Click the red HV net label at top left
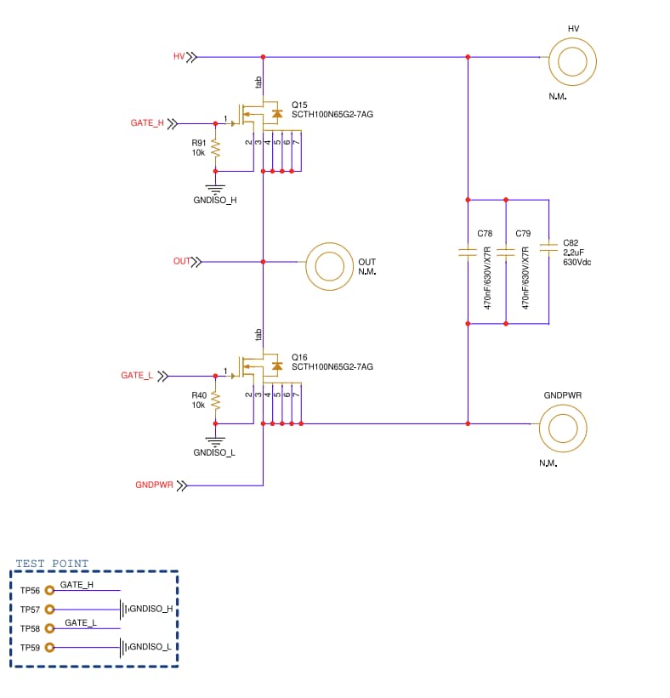tap(179, 57)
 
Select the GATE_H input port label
tap(147, 123)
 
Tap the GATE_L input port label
tap(136, 375)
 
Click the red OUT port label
tap(182, 261)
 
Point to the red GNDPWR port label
tap(154, 485)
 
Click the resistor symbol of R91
tap(215, 149)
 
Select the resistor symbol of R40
tap(215, 400)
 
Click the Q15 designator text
tap(299, 105)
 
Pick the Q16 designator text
tap(299, 357)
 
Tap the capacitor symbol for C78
tap(468, 252)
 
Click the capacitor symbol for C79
tap(506, 252)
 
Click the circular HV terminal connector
tap(572, 61)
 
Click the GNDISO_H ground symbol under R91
tap(215, 190)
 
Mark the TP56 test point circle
tap(50, 590)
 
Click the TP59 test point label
tap(30, 648)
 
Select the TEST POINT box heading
tap(52, 564)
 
